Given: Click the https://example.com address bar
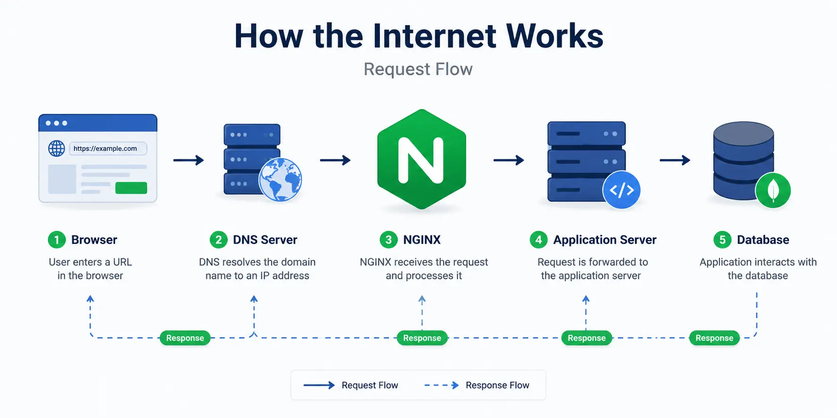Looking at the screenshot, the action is point(108,148).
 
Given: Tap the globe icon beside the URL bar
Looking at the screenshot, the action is point(57,148).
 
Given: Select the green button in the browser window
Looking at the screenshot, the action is point(131,188).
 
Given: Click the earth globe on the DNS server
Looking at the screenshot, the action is point(280,180).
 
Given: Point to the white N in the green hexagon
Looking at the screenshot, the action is point(421,160).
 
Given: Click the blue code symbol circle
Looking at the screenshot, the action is point(621,190).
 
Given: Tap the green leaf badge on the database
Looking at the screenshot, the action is point(773,190).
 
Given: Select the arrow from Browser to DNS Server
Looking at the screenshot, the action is point(188,160).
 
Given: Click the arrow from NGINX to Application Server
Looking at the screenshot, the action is point(509,160).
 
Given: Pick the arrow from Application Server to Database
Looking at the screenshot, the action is point(675,160).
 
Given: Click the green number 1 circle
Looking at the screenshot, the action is point(57,240).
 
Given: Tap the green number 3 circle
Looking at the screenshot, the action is point(388,240).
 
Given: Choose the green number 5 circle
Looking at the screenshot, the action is point(722,240).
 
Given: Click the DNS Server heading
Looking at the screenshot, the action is point(265,240).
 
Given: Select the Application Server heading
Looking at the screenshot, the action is point(605,240).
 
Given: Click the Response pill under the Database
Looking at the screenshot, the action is point(714,338).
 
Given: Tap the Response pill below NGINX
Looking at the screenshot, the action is point(422,338).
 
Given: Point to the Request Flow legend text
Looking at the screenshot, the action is point(370,385).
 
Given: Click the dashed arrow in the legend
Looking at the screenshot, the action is point(442,385).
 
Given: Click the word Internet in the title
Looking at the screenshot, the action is point(435,36).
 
